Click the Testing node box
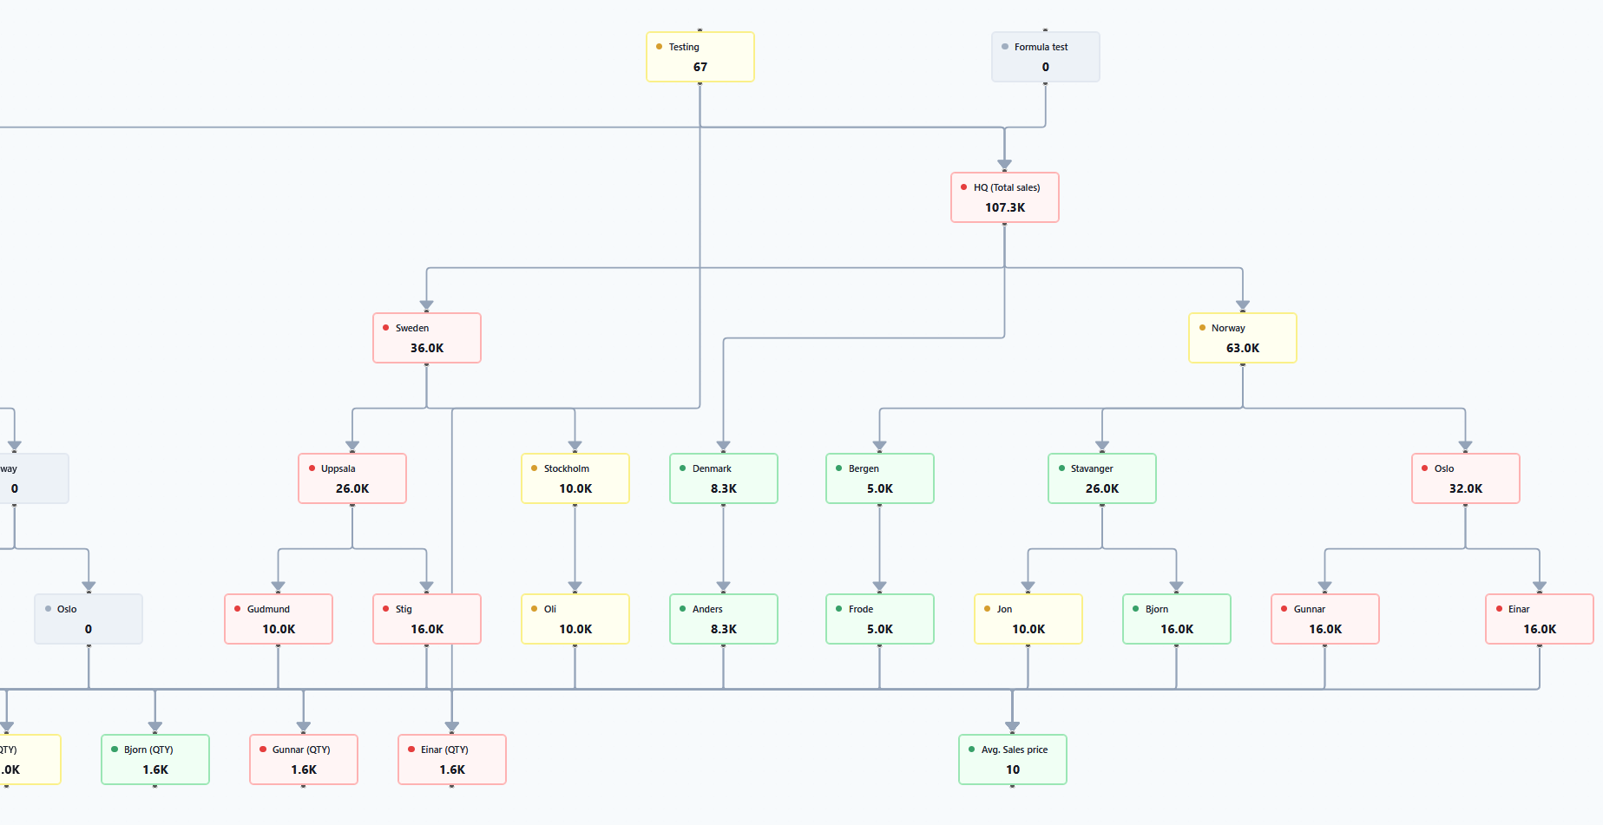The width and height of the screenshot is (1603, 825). point(700,57)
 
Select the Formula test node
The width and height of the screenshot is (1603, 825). point(1045,57)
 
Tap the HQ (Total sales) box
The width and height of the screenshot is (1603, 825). point(1004,198)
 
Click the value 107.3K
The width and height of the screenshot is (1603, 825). point(1004,208)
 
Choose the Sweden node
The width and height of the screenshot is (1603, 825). point(426,338)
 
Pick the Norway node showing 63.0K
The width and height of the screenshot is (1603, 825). point(1242,338)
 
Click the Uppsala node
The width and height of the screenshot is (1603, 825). point(351,479)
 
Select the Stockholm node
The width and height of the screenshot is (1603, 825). point(575,479)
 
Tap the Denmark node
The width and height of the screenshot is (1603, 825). point(723,479)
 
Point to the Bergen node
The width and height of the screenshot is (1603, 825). point(879,479)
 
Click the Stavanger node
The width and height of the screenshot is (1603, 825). point(1101,479)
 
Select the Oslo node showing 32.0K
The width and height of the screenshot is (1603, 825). point(1465,479)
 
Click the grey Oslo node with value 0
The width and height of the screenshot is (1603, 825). point(88,619)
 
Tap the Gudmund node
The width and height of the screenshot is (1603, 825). point(278,619)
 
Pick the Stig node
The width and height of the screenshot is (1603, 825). point(426,619)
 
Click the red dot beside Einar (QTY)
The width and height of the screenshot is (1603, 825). point(411,750)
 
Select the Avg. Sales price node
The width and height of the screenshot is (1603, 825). point(1012,760)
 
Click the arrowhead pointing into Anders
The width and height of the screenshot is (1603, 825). point(723,586)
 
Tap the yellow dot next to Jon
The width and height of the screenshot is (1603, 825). point(987,609)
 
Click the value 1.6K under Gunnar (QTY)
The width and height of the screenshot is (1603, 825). point(303,770)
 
